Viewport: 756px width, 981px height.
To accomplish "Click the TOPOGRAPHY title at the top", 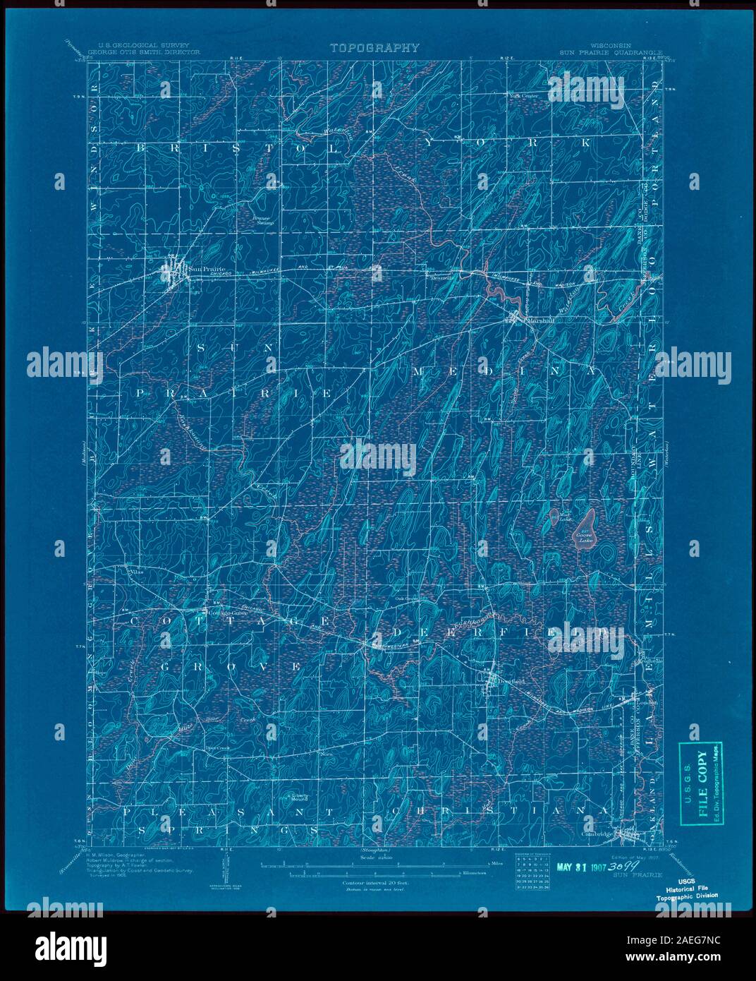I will pyautogui.click(x=374, y=48).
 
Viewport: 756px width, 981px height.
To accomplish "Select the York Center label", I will pyautogui.click(x=523, y=95).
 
